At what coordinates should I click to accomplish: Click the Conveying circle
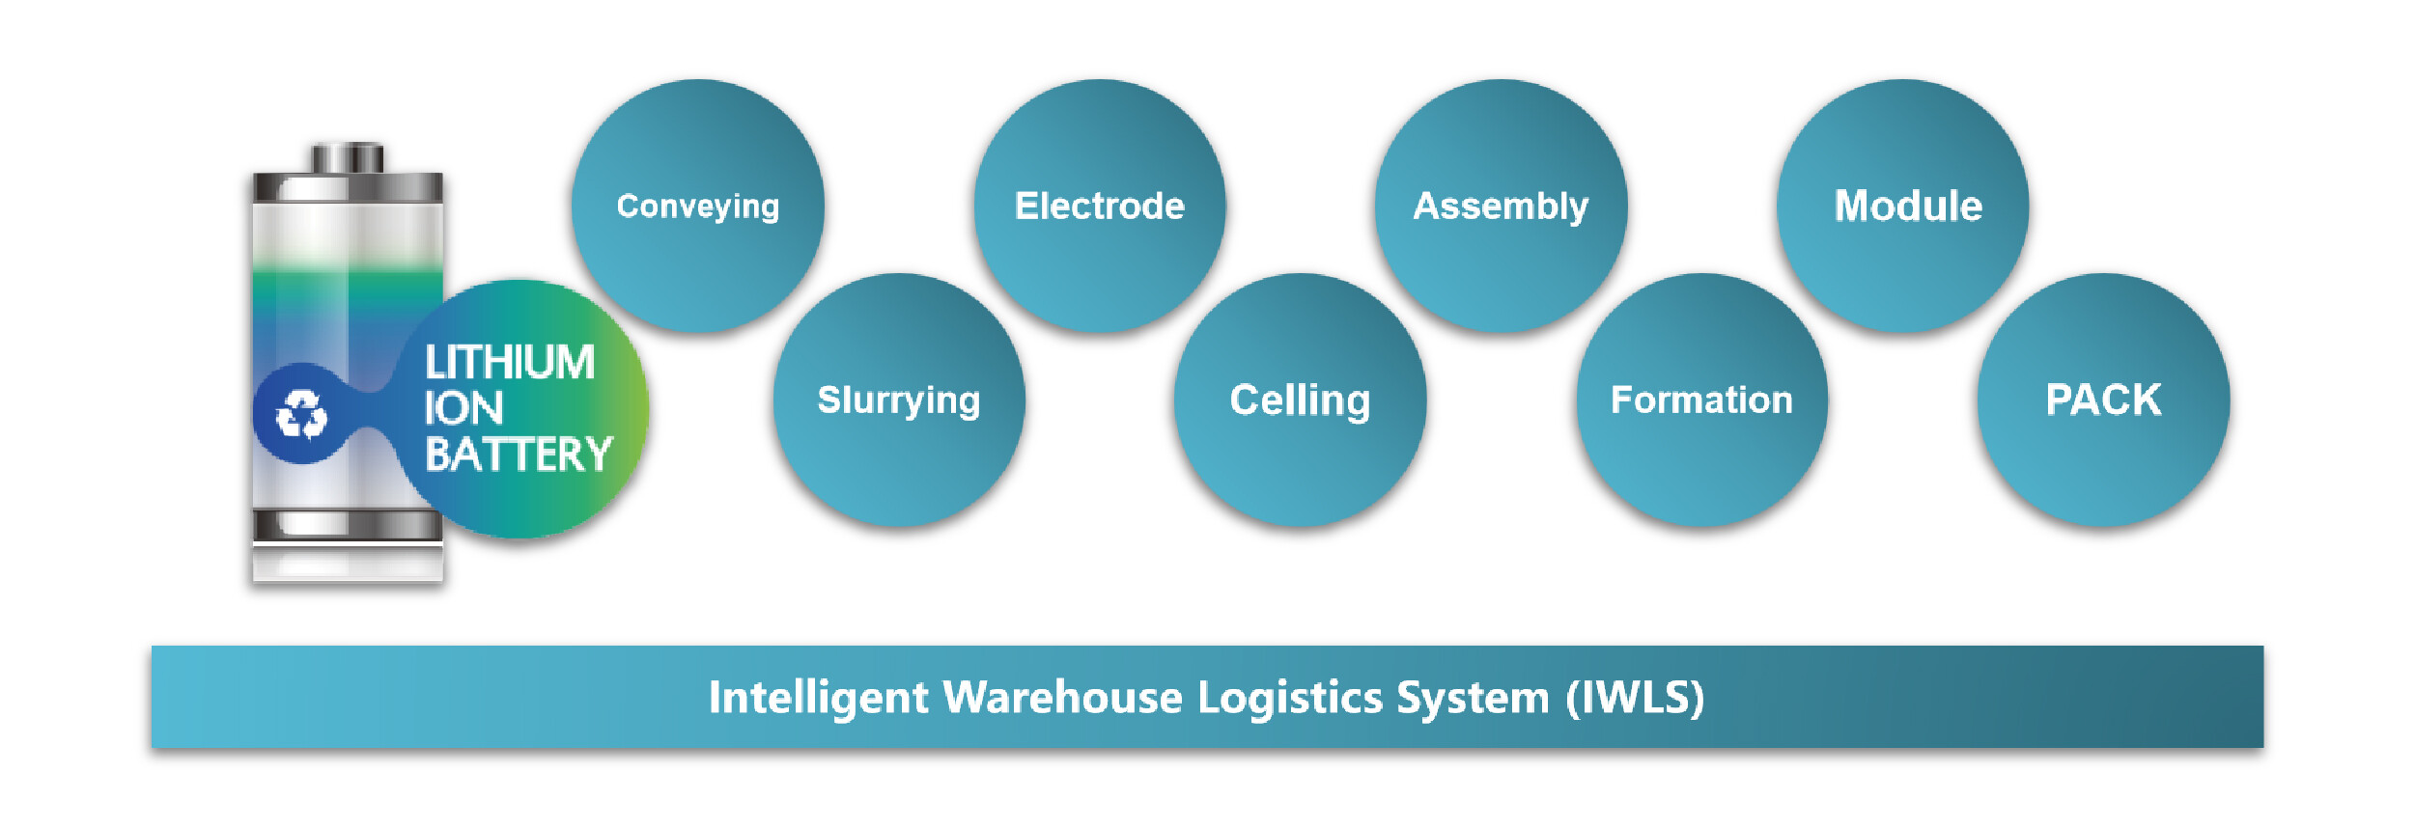697,206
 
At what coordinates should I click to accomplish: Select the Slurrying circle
898,400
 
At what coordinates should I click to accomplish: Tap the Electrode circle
1099,206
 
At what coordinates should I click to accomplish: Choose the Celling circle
1300,400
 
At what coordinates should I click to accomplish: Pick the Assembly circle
1501,206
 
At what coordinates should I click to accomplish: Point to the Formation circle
1701,400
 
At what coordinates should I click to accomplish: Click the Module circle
1902,206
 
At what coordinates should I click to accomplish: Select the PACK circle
2103,400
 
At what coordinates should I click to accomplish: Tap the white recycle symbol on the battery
301,414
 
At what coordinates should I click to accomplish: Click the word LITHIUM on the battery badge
509,363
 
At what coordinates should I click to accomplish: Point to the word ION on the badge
463,408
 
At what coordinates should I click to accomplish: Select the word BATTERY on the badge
519,455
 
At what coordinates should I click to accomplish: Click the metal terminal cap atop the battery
348,157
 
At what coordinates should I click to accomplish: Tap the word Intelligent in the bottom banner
818,698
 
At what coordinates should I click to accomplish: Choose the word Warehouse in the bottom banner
1062,698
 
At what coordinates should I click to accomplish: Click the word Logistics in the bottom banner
1290,698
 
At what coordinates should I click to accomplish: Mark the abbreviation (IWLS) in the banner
1635,698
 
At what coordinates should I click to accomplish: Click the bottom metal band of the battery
348,525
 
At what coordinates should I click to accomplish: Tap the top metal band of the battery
348,187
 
